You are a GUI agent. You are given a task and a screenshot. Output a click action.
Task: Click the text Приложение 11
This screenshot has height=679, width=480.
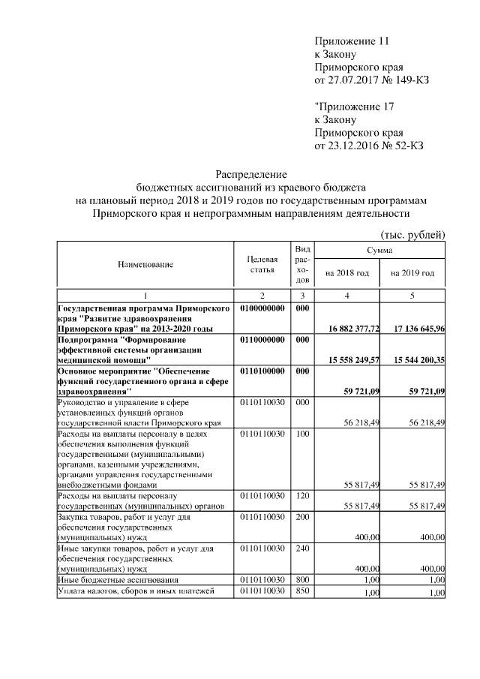pyautogui.click(x=352, y=41)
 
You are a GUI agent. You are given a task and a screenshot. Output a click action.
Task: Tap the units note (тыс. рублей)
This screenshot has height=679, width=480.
pyautogui.click(x=413, y=235)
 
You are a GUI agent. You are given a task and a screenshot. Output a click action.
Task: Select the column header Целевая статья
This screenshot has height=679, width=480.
pyautogui.click(x=262, y=264)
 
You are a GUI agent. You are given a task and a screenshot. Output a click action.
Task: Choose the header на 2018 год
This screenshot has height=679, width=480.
pyautogui.click(x=347, y=273)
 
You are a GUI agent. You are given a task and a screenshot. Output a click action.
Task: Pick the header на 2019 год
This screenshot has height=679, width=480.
pyautogui.click(x=412, y=273)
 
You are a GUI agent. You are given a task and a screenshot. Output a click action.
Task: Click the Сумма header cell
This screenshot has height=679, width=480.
pyautogui.click(x=380, y=251)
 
